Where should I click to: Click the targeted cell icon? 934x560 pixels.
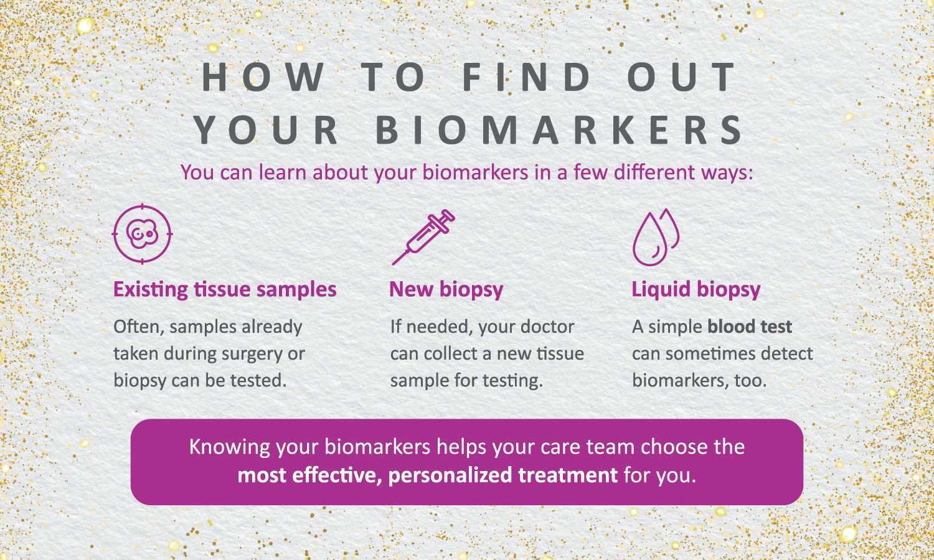click(142, 234)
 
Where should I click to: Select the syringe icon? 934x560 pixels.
click(423, 237)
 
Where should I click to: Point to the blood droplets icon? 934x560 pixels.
click(656, 237)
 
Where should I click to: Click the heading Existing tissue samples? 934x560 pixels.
click(225, 289)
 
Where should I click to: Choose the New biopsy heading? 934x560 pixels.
click(446, 289)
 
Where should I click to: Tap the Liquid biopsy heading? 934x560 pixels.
click(696, 289)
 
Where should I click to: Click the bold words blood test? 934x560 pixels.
click(750, 327)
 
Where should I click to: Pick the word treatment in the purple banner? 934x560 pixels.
click(568, 475)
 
